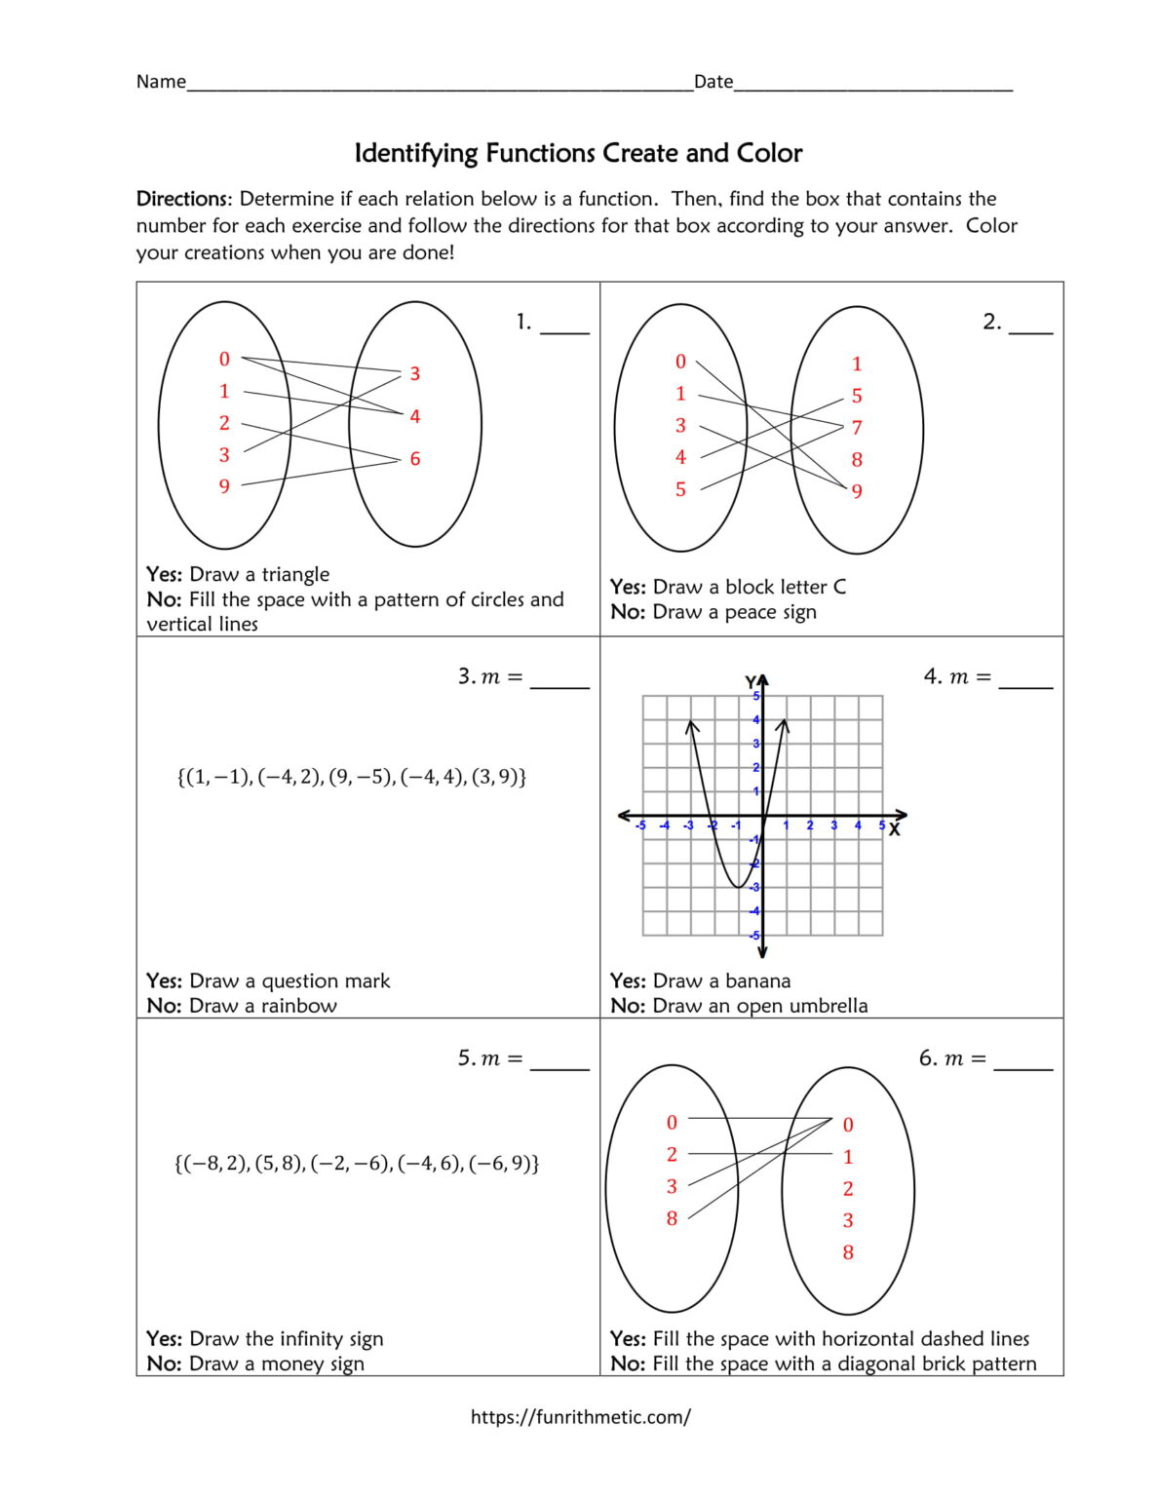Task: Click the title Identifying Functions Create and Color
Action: coord(578,153)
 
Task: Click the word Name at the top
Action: coord(161,82)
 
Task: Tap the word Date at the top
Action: coord(713,82)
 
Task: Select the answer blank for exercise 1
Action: coord(564,325)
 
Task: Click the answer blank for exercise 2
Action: coord(1030,325)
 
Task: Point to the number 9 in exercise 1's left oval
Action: coord(224,486)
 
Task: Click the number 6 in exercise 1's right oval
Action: coord(415,459)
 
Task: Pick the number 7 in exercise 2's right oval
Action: coord(857,428)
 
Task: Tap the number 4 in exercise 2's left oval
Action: coord(680,457)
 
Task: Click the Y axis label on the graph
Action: coord(751,682)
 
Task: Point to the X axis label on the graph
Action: coord(894,830)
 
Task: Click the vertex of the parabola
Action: coord(739,887)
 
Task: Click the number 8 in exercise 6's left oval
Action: coord(672,1218)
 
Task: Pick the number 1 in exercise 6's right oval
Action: coord(848,1157)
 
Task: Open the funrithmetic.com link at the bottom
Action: coord(580,1417)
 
